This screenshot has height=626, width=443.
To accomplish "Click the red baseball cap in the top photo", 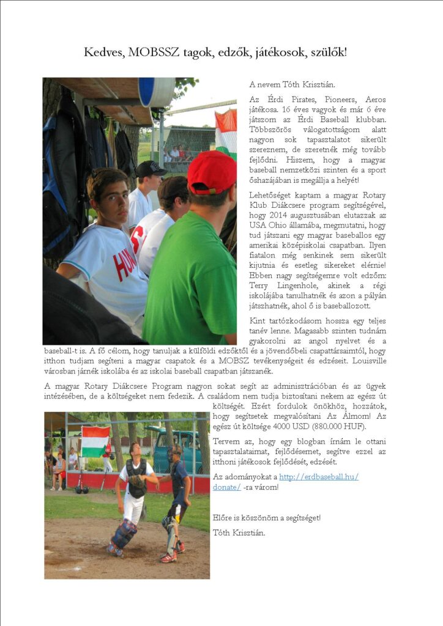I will click(x=212, y=172).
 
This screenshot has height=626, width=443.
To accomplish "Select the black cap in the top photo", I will click(x=151, y=169).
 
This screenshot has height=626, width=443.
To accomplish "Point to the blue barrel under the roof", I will click(x=156, y=92).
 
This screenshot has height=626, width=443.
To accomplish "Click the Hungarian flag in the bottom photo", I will click(x=95, y=441).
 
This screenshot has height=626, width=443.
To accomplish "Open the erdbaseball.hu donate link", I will click(x=318, y=477).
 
